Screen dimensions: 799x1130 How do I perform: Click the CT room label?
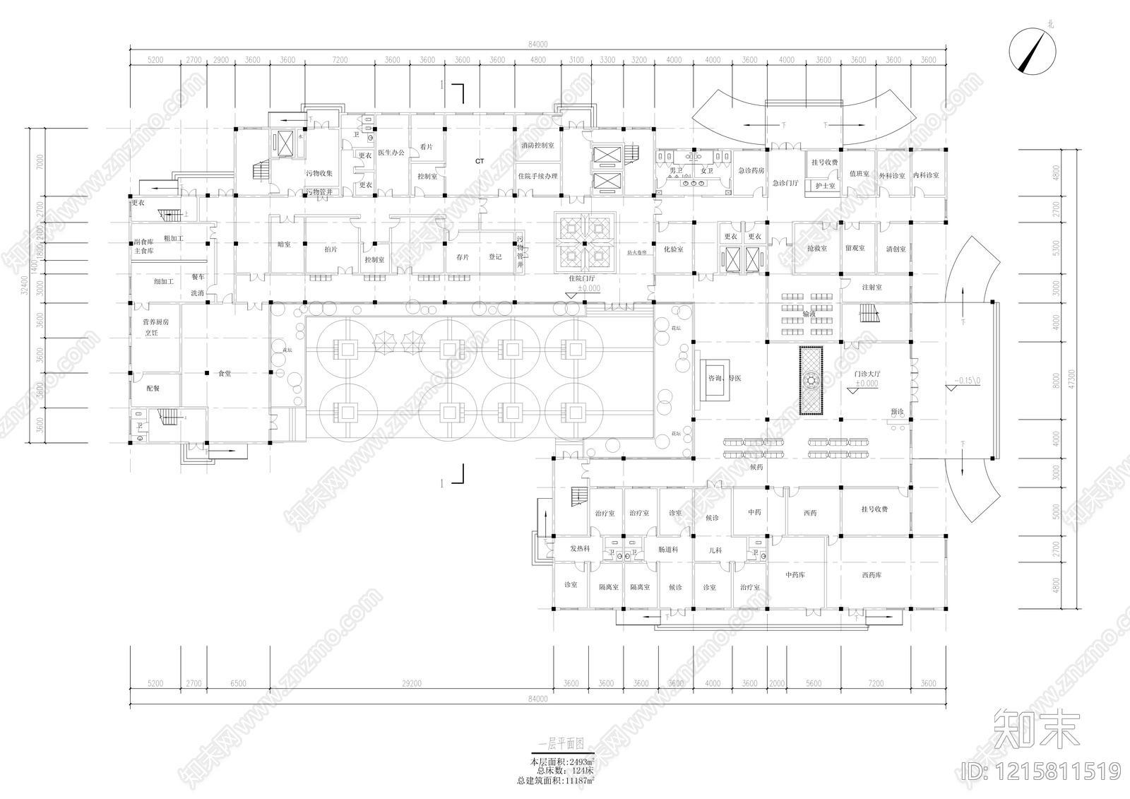point(480,161)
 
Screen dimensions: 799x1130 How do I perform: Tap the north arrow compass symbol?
point(1032,53)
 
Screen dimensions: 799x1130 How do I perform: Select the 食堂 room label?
point(225,373)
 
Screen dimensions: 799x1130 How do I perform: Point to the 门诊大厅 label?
point(867,374)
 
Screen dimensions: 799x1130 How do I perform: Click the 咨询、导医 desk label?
point(725,379)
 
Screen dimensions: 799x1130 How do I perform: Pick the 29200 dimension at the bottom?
point(411,683)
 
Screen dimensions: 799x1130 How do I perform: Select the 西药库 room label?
point(872,575)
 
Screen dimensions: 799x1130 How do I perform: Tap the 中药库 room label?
point(795,575)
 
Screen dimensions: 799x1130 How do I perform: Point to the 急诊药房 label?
point(751,170)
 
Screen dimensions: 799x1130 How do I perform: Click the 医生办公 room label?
point(391,152)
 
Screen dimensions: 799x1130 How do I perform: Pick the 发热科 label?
point(580,549)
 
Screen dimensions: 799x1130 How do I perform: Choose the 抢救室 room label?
point(817,249)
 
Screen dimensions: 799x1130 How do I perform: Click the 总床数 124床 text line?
point(563,771)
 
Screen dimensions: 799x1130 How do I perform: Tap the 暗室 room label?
point(284,244)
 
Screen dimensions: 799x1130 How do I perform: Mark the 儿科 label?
point(715,550)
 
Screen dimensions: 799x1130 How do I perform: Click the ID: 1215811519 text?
point(1041,770)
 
